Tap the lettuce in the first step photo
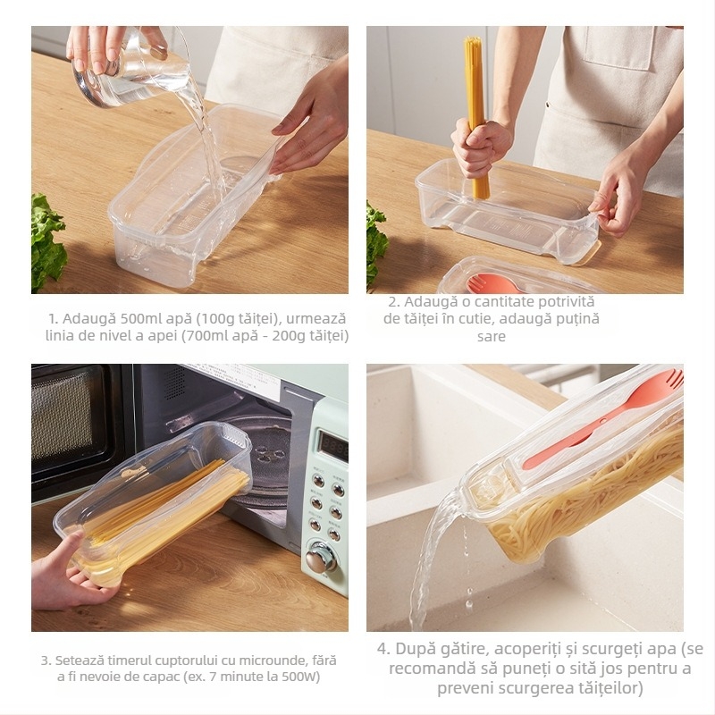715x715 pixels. (x=46, y=241)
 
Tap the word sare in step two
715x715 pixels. (x=491, y=336)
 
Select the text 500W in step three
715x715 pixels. (x=302, y=677)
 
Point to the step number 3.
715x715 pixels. (x=44, y=660)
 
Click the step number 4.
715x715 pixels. (x=382, y=649)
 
